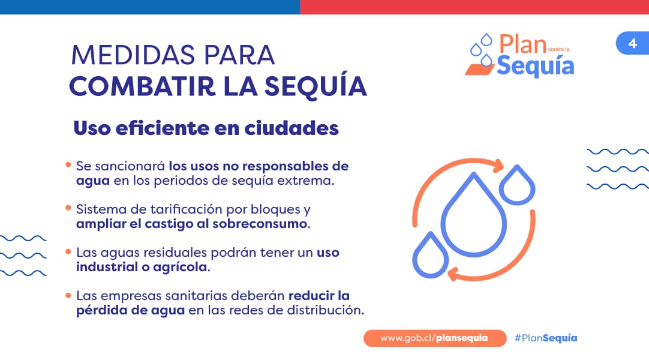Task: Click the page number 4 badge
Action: pyautogui.click(x=632, y=43)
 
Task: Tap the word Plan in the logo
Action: pyautogui.click(x=522, y=44)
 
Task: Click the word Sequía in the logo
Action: pyautogui.click(x=535, y=66)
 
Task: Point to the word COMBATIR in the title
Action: pyautogui.click(x=142, y=86)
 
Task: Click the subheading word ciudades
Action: pyautogui.click(x=292, y=128)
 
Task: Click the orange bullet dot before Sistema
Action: pyautogui.click(x=68, y=208)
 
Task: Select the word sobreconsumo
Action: pyautogui.click(x=261, y=224)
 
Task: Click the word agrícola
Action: pyautogui.click(x=181, y=268)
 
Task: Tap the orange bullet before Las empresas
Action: pyautogui.click(x=68, y=295)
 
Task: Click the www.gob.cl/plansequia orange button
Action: pyautogui.click(x=435, y=338)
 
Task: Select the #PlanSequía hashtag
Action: pyautogui.click(x=545, y=338)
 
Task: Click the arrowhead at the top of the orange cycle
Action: pyautogui.click(x=498, y=166)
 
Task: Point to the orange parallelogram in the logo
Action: pyautogui.click(x=480, y=70)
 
